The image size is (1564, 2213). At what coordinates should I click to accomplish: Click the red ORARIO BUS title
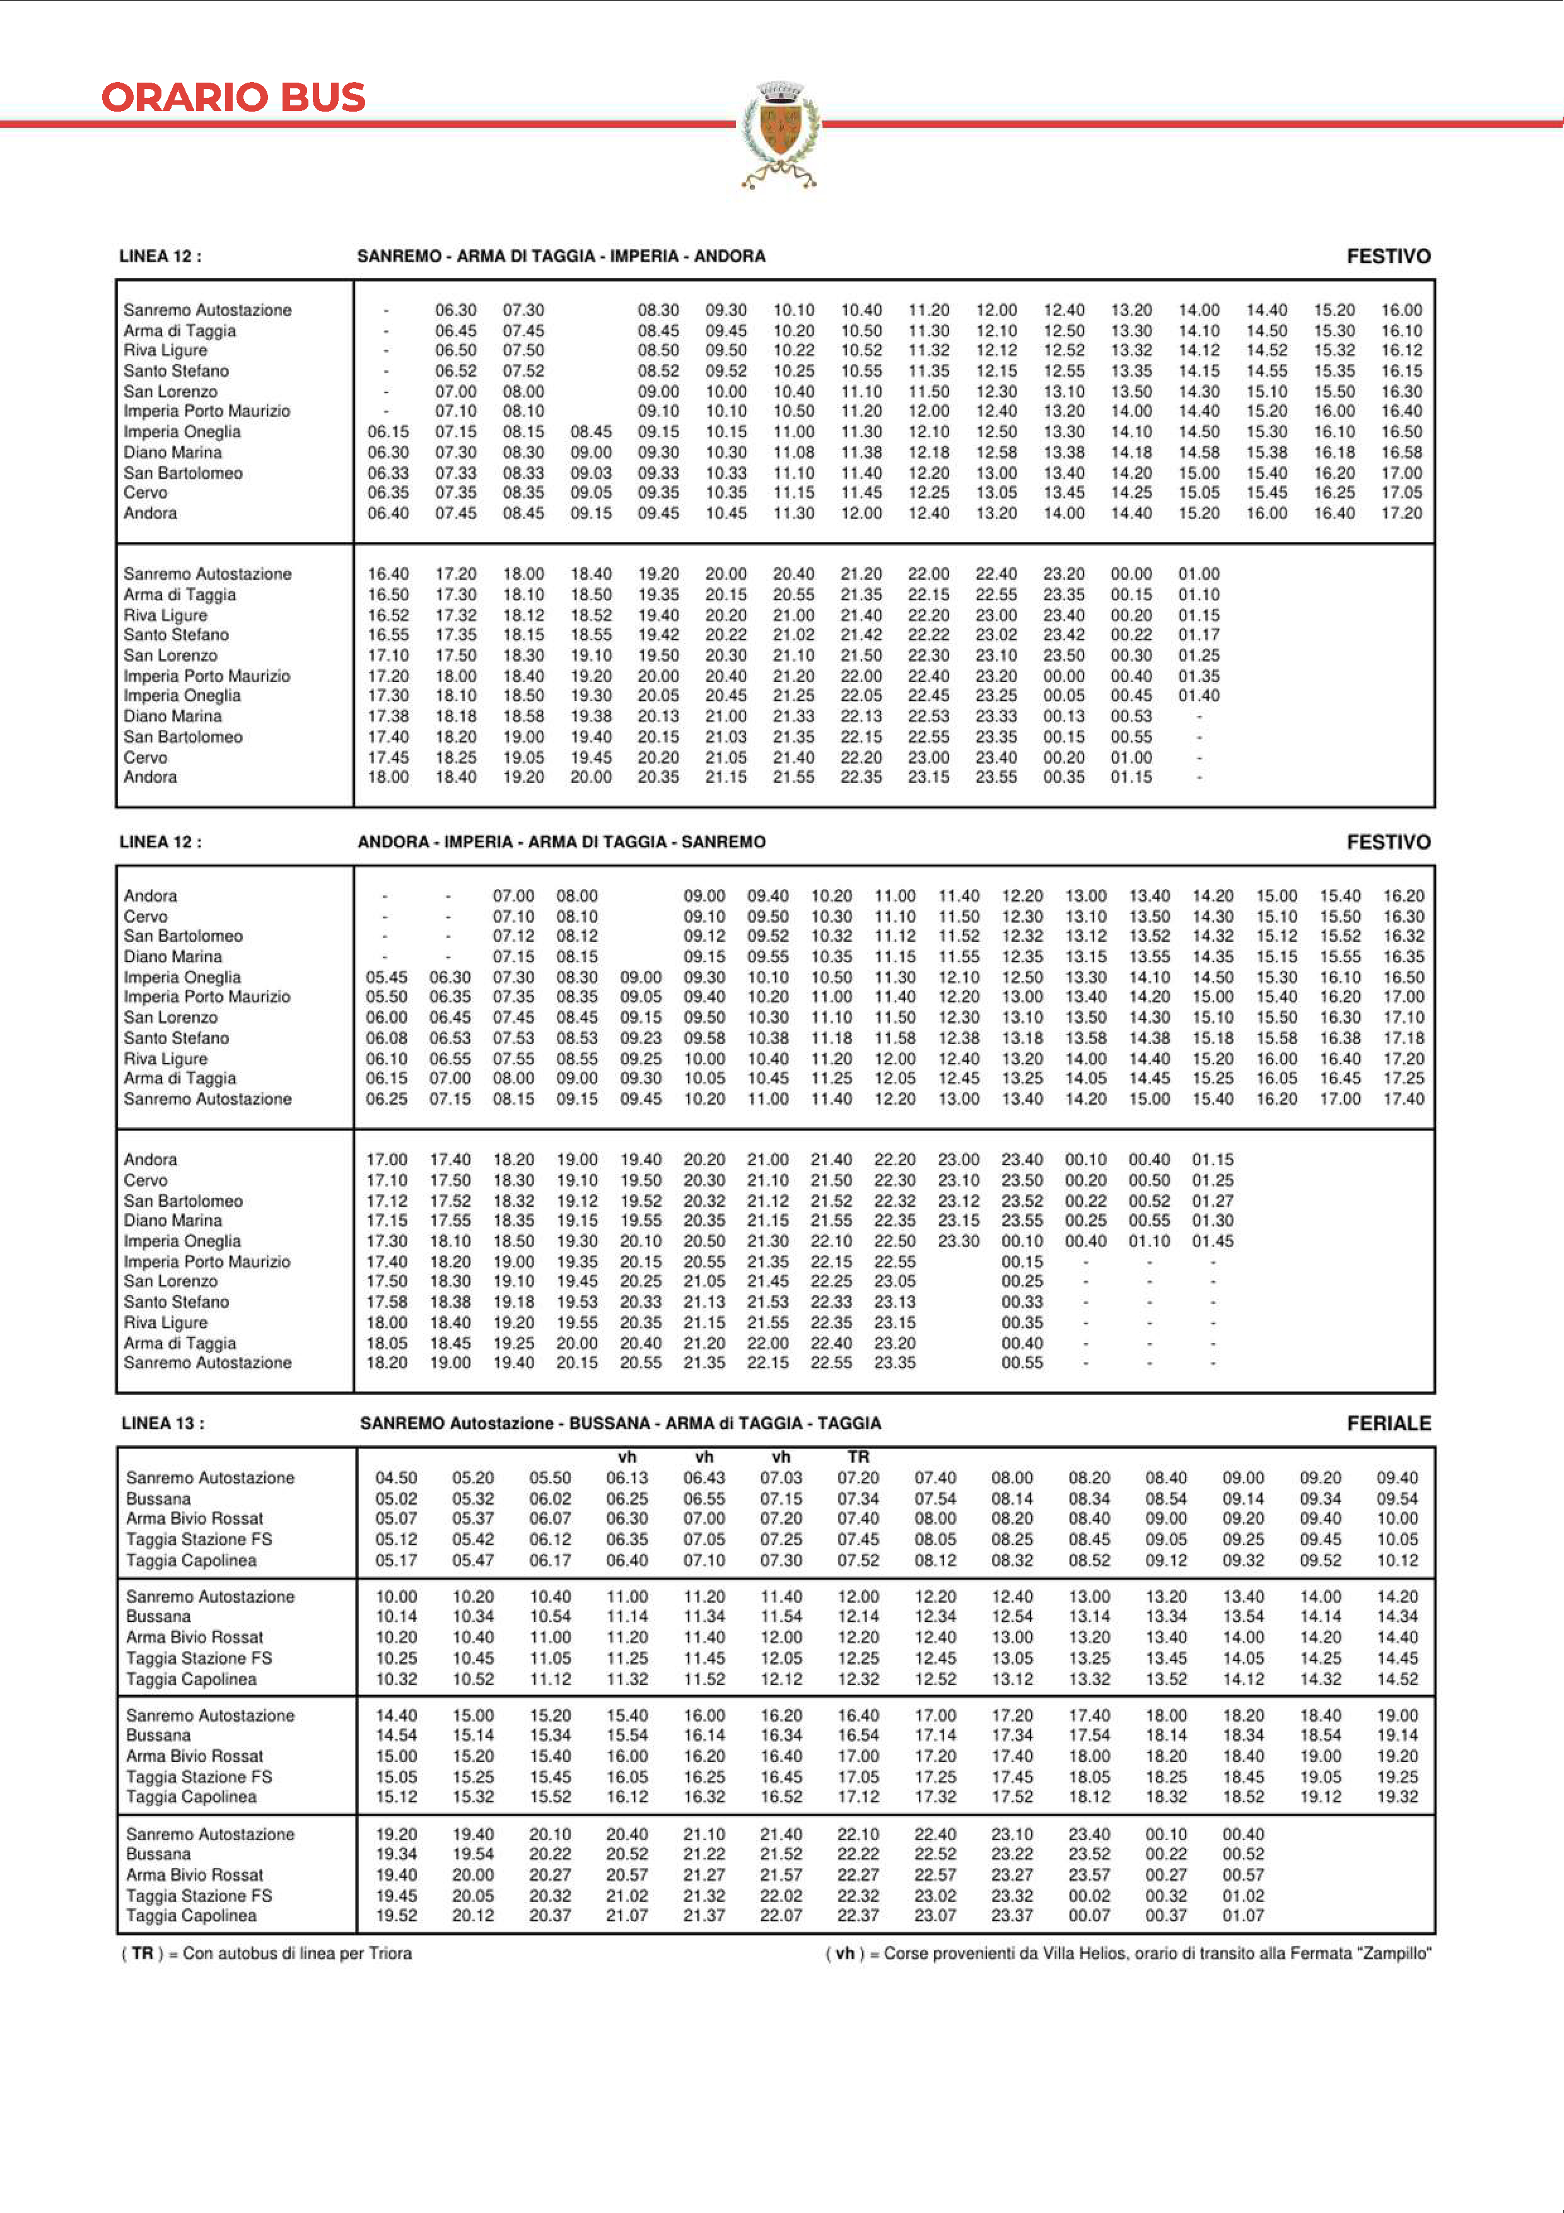pos(233,97)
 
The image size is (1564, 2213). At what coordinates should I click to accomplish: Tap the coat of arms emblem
pos(779,133)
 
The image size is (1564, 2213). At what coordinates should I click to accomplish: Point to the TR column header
pos(858,1457)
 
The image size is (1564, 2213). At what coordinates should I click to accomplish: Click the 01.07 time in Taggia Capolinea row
pos(1243,1915)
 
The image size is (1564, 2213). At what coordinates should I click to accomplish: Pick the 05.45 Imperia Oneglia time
pos(387,977)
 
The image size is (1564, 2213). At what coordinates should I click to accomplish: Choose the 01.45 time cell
pos(1212,1242)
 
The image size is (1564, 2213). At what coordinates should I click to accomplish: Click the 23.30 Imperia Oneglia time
pos(958,1242)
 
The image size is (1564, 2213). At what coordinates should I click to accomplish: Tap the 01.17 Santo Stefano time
pos(1199,635)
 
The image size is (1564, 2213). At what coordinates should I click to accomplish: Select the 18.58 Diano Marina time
pos(523,716)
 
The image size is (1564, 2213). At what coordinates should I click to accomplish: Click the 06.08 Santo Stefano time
pos(387,1038)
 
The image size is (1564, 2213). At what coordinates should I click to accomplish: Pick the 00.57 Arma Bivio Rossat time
pos(1243,1875)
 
